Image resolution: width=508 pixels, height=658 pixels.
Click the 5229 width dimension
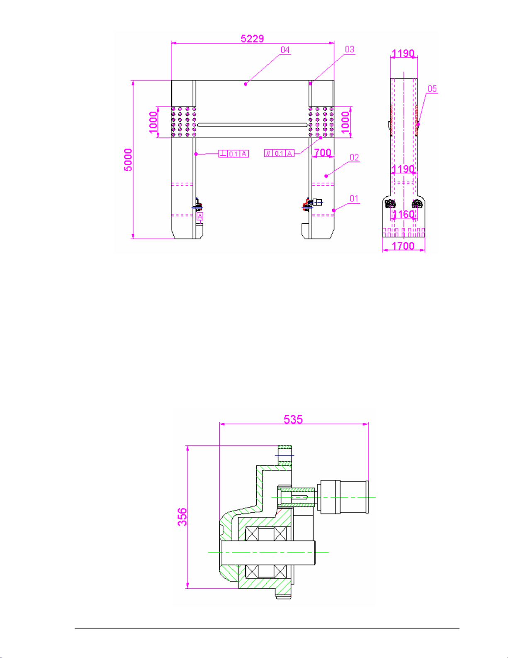pyautogui.click(x=252, y=39)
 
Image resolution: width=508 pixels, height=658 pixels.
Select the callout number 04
pyautogui.click(x=285, y=50)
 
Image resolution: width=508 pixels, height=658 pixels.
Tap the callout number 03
pyautogui.click(x=350, y=50)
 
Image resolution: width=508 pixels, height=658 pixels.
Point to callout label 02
pyautogui.click(x=355, y=157)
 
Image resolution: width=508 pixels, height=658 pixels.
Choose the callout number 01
pyautogui.click(x=354, y=198)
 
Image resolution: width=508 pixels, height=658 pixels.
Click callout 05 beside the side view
pyautogui.click(x=432, y=89)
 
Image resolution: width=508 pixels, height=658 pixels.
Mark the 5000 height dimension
pyautogui.click(x=128, y=159)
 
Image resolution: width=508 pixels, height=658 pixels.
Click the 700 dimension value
pyautogui.click(x=323, y=152)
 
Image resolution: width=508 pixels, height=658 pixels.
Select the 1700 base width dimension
pyautogui.click(x=403, y=246)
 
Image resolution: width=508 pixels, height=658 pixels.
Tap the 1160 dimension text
pyautogui.click(x=403, y=214)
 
